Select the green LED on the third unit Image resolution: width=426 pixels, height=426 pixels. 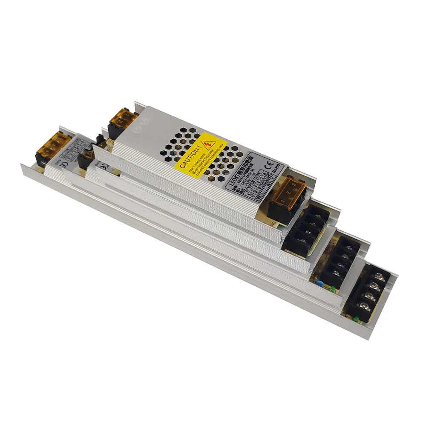[331, 290]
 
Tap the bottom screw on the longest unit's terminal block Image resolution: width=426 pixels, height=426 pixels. [363, 305]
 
